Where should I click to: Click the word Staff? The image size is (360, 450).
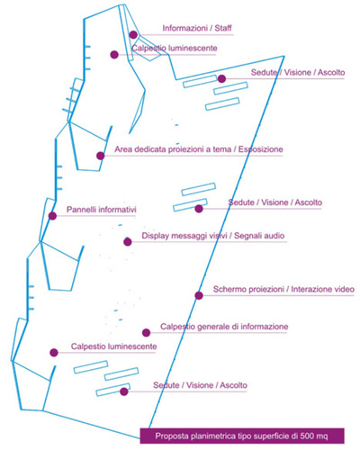[223, 28]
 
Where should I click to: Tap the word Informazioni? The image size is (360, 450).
[184, 28]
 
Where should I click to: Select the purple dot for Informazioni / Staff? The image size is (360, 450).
[133, 35]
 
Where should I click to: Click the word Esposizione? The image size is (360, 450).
[261, 149]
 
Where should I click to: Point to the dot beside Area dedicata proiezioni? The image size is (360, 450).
[101, 156]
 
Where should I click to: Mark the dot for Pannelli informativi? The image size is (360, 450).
[52, 216]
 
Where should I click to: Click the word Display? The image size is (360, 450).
[156, 236]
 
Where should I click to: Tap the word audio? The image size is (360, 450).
[274, 236]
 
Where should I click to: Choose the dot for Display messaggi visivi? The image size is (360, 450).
[128, 242]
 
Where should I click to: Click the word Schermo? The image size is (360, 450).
[229, 289]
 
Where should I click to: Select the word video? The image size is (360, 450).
[345, 289]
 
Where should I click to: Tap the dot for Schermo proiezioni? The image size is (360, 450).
[199, 295]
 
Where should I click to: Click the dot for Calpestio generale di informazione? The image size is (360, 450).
[146, 332]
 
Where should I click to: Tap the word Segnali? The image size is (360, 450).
[247, 236]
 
